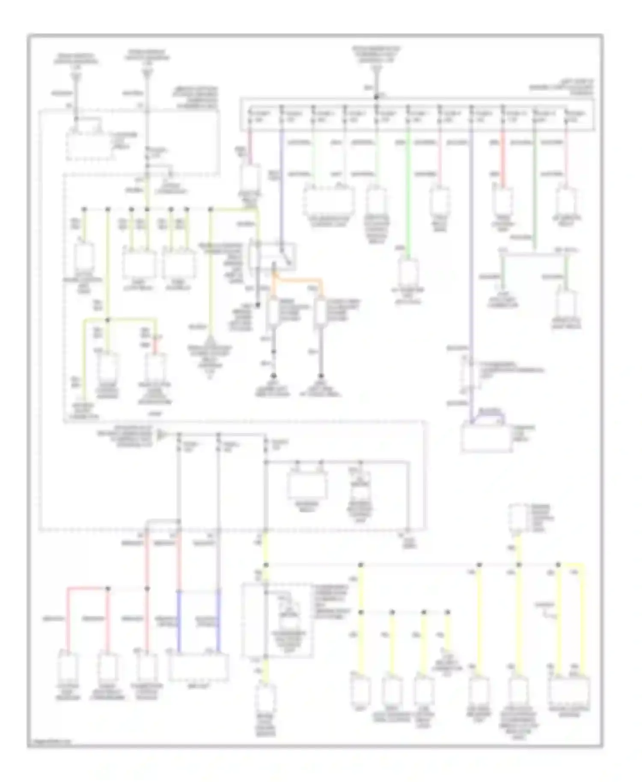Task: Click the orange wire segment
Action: [300, 280]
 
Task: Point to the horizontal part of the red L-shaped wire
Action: [86, 589]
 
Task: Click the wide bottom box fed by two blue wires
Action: [198, 667]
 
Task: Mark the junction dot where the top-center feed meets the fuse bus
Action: [376, 98]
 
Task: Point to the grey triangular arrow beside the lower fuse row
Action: [161, 435]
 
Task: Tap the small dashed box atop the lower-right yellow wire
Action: [518, 518]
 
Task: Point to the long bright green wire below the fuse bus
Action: [408, 193]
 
